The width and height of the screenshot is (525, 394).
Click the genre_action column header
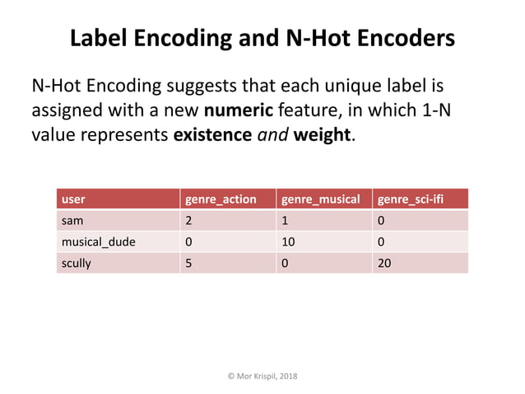tap(220, 199)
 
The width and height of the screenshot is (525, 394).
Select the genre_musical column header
tap(320, 199)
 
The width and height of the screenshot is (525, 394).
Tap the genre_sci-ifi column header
tap(410, 199)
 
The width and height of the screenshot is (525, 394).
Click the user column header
tap(73, 199)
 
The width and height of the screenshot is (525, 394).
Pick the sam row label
tap(72, 221)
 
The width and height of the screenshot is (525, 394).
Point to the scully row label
tap(76, 264)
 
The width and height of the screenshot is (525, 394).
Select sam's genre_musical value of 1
tap(286, 221)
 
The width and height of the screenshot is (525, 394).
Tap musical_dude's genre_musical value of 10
tap(288, 242)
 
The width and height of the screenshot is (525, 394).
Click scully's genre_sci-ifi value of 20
tap(383, 264)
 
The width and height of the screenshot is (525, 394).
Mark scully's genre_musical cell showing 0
tap(286, 264)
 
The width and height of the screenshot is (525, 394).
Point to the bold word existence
tap(211, 134)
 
